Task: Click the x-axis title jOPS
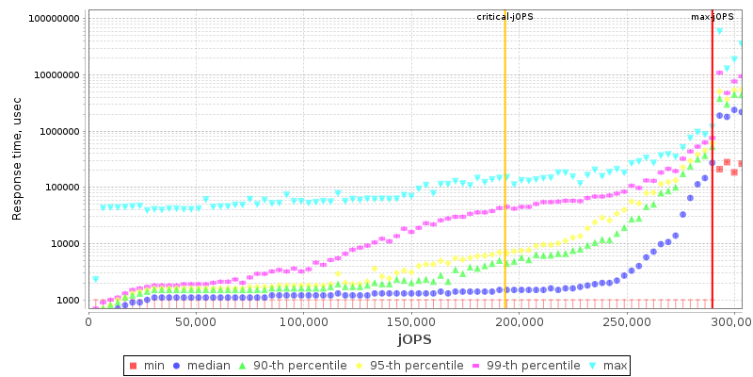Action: tap(414, 338)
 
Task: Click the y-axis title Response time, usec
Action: tap(17, 160)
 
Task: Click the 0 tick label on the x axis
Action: tap(88, 321)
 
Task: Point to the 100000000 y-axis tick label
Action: tap(54, 19)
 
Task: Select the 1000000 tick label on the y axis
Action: tap(59, 131)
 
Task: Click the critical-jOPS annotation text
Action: tap(505, 17)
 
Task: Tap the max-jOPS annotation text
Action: tap(713, 17)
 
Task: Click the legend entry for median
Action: tap(210, 365)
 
